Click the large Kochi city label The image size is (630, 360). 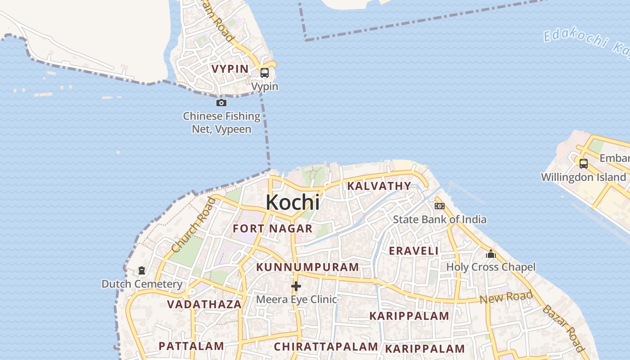point(292,202)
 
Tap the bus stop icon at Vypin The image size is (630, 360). point(265,73)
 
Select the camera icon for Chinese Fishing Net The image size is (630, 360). point(221,103)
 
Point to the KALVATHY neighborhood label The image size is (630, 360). point(379,186)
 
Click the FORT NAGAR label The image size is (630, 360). point(272,229)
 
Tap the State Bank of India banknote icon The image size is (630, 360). point(440,206)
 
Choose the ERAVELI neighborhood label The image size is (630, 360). point(414,251)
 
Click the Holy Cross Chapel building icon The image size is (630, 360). point(491,254)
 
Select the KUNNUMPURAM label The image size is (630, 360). point(307,267)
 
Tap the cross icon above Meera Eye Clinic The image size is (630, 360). point(296,286)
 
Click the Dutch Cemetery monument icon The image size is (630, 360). point(142,270)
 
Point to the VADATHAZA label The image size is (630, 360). point(204,304)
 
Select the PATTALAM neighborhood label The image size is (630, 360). point(191,346)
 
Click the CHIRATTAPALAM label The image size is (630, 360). point(326,346)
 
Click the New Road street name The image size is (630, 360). point(506,297)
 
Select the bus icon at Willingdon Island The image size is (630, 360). point(584,164)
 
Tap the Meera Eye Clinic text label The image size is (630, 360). point(296,299)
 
